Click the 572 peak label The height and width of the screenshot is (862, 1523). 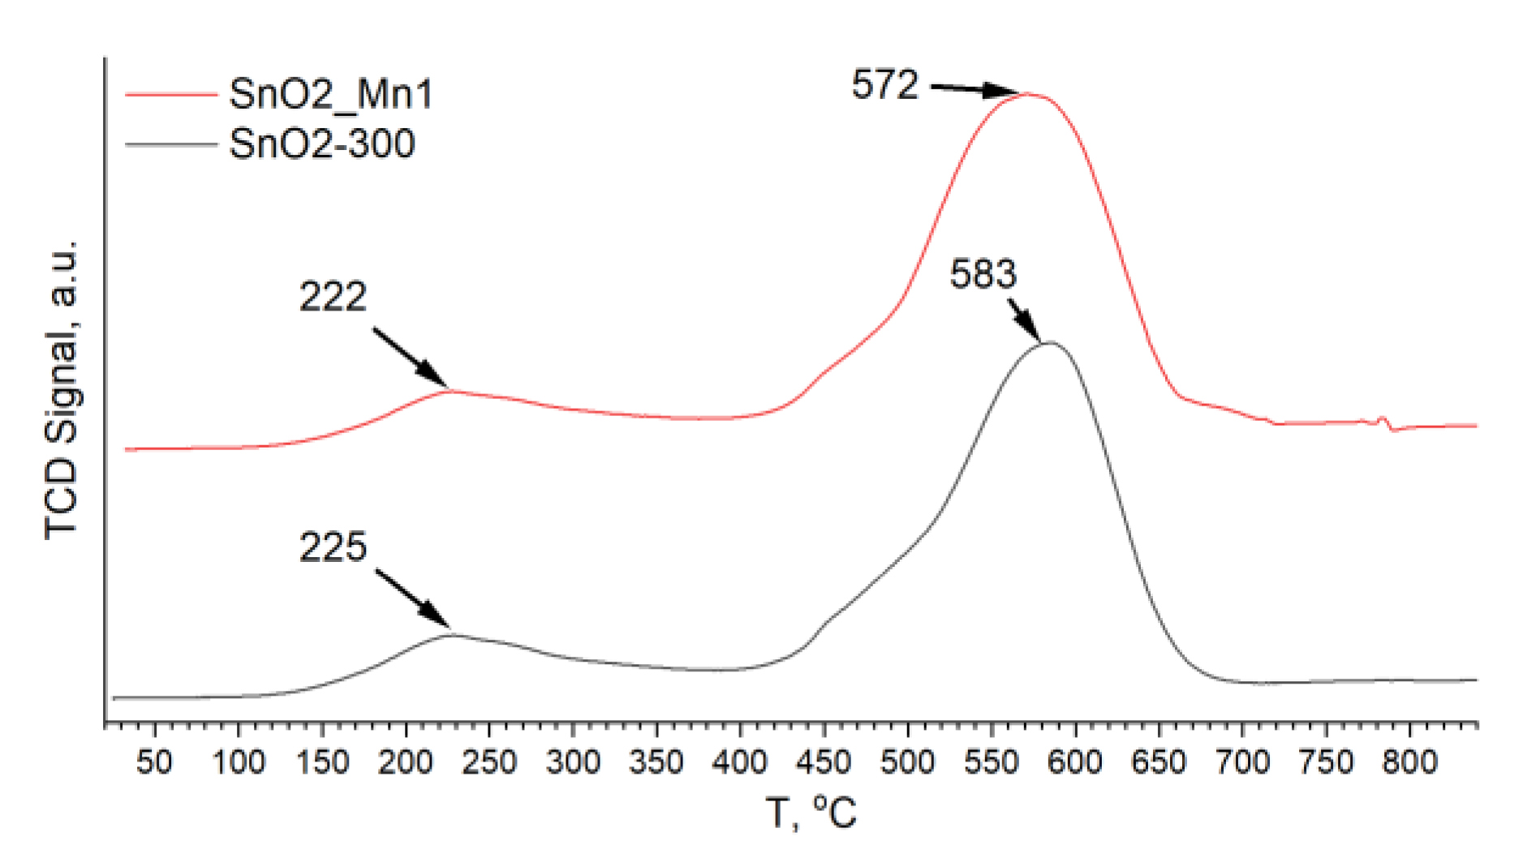coord(884,84)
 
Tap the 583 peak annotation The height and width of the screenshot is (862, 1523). coord(983,274)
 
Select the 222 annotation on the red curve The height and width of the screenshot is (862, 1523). coord(333,297)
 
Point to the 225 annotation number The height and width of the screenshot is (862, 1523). coord(333,547)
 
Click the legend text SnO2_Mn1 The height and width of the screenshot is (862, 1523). coord(331,94)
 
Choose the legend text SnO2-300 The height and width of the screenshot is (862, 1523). coord(322,144)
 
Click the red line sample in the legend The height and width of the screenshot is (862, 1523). coord(171,95)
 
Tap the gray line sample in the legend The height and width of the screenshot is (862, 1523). coord(171,145)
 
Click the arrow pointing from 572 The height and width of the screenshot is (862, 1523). coord(974,89)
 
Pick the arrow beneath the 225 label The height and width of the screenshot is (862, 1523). coord(413,598)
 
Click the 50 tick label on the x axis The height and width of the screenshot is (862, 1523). coord(154,762)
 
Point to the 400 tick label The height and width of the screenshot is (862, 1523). coord(739,762)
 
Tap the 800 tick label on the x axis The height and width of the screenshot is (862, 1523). coord(1409,762)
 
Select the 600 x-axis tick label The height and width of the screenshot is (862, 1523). coord(1074,762)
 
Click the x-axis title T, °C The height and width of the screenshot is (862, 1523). coord(811,813)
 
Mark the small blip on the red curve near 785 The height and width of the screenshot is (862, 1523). coord(1384,422)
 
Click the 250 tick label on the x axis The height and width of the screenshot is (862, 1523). coord(488,762)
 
